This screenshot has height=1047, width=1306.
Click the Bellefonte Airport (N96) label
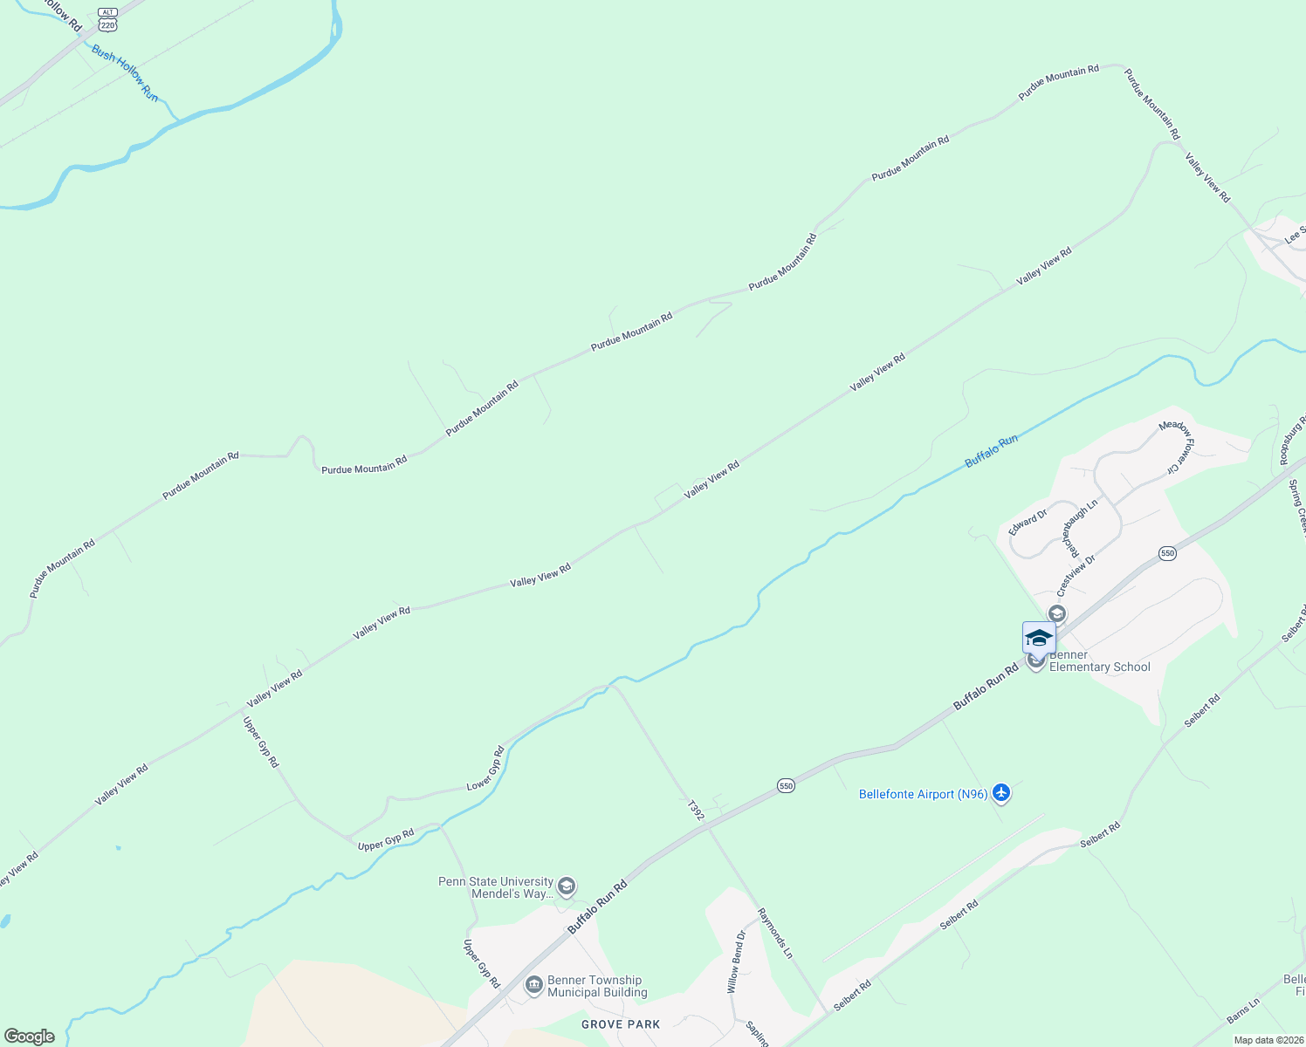(x=923, y=794)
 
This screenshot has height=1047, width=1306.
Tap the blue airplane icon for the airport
(x=1000, y=793)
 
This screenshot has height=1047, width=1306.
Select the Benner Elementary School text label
(x=1099, y=661)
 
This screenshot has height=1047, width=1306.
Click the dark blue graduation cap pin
(x=1039, y=638)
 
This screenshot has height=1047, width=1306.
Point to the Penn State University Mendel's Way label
(x=496, y=887)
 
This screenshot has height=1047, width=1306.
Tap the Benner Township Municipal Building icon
(x=533, y=986)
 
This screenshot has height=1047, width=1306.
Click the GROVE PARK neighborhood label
(x=621, y=1023)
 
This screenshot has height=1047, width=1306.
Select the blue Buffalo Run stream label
(x=991, y=451)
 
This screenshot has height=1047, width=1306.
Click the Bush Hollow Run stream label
(x=125, y=73)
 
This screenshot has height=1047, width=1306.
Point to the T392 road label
(x=695, y=811)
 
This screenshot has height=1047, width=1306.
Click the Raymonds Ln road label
(x=774, y=934)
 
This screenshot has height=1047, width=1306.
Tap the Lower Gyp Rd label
(x=486, y=769)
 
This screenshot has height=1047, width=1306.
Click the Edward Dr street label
(x=1028, y=523)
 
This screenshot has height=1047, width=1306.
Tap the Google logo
(x=29, y=1037)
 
